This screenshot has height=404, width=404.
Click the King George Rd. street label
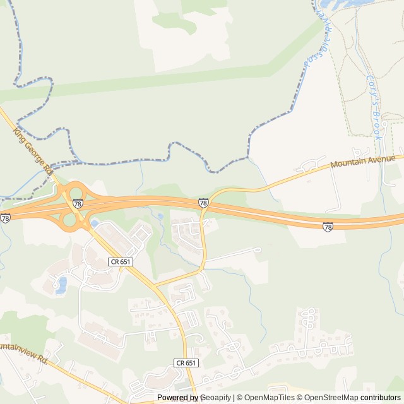point(32,150)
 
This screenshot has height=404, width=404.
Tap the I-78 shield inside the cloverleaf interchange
point(77,203)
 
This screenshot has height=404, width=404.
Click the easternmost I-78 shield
point(328,226)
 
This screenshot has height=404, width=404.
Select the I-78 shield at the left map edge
point(5,218)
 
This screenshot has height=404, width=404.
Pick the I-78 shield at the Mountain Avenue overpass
point(203,203)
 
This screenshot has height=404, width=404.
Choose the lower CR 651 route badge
point(186,363)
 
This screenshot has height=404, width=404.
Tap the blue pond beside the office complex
point(62,285)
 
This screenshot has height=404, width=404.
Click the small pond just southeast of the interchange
point(94,223)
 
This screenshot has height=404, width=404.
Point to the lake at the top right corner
point(335,4)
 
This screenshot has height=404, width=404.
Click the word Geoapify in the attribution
point(215,398)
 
